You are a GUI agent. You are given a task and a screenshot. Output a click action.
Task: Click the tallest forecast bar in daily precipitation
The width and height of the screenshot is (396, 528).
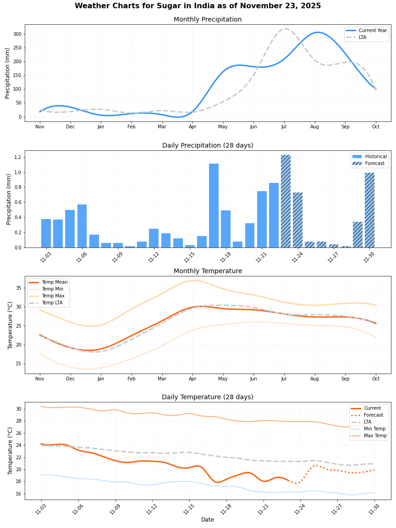pos(286,201)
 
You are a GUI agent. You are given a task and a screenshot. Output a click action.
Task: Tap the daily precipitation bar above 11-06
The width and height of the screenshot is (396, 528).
pos(82,226)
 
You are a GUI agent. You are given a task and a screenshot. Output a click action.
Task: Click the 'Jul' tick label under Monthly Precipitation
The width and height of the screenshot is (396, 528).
pos(284,127)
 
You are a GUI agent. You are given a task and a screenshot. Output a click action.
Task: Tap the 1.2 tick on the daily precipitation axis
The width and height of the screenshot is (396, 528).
pos(18,157)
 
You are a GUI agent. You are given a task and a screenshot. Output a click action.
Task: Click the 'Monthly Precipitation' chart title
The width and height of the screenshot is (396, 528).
pos(208,20)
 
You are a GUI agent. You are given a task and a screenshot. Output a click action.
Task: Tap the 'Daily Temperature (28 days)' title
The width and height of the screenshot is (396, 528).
pos(208,397)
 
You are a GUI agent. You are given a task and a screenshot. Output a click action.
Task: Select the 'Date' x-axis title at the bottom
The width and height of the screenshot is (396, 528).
pos(208,520)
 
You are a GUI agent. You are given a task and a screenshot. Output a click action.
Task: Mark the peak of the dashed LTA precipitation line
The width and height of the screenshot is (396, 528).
pos(285,28)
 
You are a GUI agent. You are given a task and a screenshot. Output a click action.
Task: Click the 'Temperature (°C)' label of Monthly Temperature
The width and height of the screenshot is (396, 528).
pos(11,325)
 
